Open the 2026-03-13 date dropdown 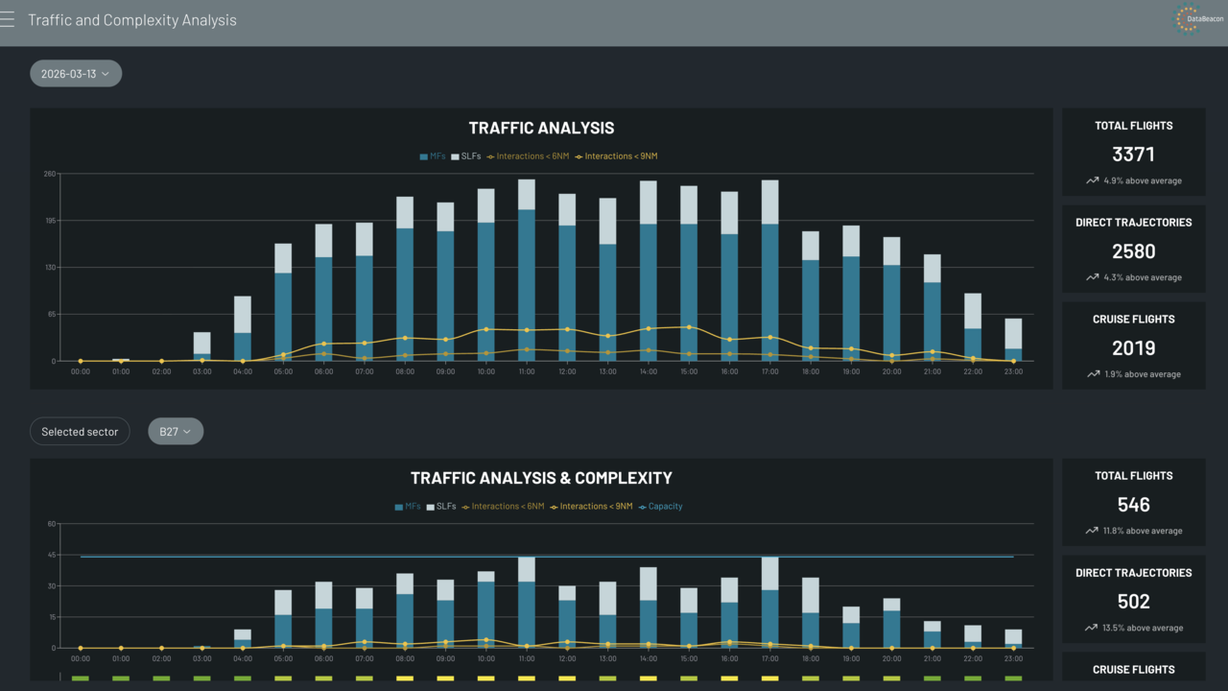pyautogui.click(x=75, y=74)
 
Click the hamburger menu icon pyautogui.click(x=8, y=20)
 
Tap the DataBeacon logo pyautogui.click(x=1189, y=19)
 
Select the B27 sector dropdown pyautogui.click(x=176, y=432)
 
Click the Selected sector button pyautogui.click(x=80, y=432)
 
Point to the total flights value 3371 pyautogui.click(x=1133, y=155)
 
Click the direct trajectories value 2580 pyautogui.click(x=1133, y=251)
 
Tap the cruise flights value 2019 pyautogui.click(x=1133, y=348)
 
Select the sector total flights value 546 pyautogui.click(x=1133, y=505)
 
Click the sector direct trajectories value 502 pyautogui.click(x=1133, y=602)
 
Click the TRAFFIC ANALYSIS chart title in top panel pyautogui.click(x=541, y=128)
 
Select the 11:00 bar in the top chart pyautogui.click(x=527, y=278)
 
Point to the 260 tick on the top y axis pyautogui.click(x=49, y=174)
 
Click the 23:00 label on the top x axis pyautogui.click(x=1013, y=371)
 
